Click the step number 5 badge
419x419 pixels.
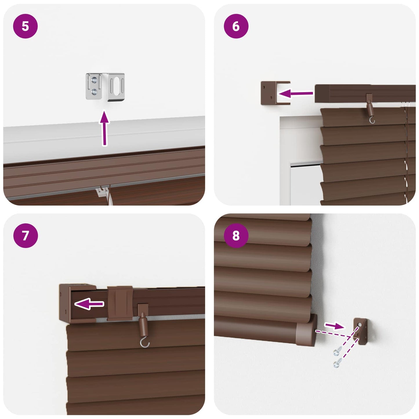click(26, 26)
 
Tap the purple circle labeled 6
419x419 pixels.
click(236, 26)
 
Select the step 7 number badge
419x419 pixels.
click(26, 236)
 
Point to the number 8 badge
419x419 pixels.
click(236, 236)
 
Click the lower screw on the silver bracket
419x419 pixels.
click(95, 92)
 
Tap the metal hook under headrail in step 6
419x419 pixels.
click(372, 120)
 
